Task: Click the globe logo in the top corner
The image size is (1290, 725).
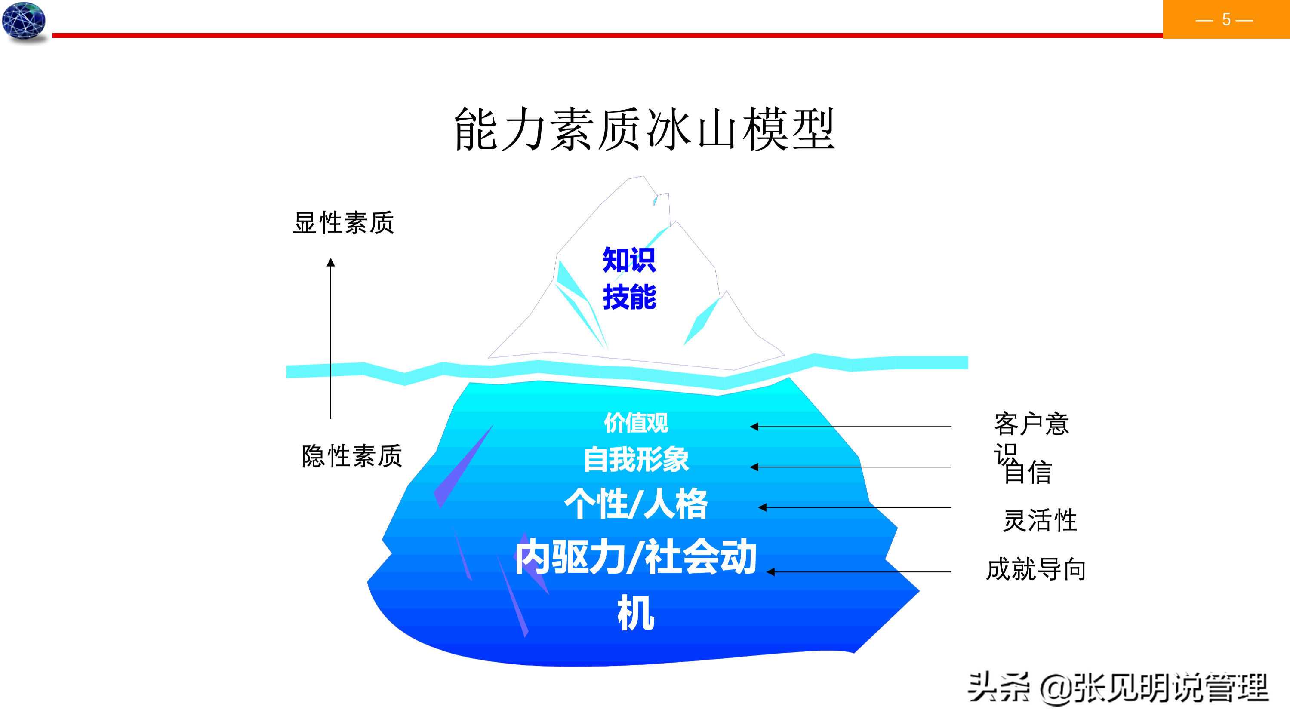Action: coord(24,21)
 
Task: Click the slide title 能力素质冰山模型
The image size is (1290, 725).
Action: coord(644,129)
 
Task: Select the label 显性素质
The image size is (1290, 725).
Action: coord(344,223)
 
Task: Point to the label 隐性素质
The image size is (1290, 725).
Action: coord(351,456)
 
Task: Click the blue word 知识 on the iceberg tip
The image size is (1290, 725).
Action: coord(629,260)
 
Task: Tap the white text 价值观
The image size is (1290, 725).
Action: coord(636,423)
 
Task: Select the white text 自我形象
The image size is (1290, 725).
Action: coord(636,460)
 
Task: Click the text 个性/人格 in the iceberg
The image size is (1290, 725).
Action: coord(636,504)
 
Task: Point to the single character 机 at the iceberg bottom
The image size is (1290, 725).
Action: coord(635,613)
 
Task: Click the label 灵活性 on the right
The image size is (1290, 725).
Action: coord(1040,520)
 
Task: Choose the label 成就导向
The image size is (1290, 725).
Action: coord(1036,570)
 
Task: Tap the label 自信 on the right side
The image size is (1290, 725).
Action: coord(1028,472)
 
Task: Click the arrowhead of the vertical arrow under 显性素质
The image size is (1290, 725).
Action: coord(330,262)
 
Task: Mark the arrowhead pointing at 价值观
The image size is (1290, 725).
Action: coord(754,427)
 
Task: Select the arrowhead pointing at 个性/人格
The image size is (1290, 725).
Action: coord(762,507)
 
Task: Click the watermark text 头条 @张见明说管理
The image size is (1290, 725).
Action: coord(1118,688)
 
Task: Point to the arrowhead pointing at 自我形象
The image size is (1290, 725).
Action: coord(754,467)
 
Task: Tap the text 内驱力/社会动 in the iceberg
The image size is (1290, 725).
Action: coord(636,557)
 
